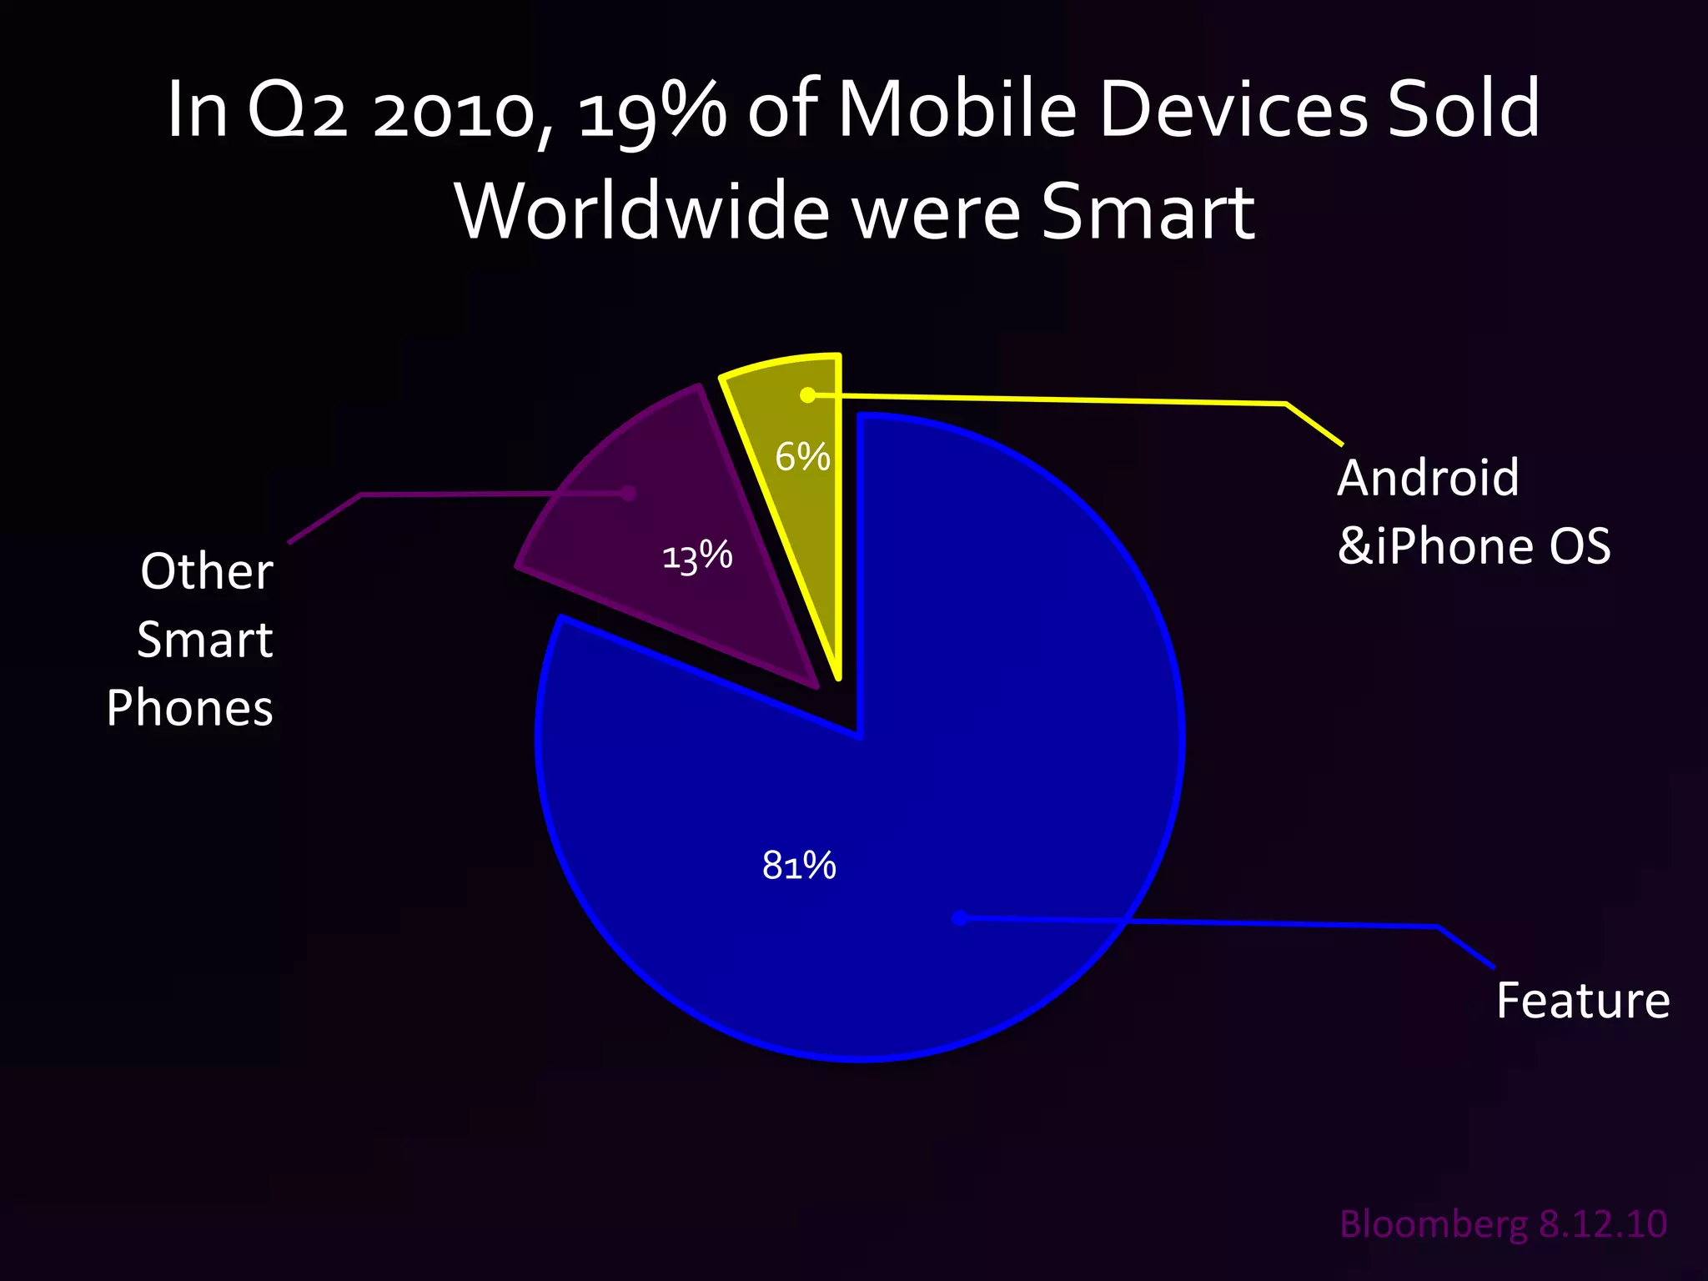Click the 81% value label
point(799,866)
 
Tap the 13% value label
point(697,556)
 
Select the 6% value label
point(802,457)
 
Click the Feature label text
point(1582,1001)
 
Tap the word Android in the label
point(1428,479)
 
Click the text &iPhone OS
point(1474,547)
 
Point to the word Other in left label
point(207,572)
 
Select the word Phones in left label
point(190,709)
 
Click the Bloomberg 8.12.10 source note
point(1503,1224)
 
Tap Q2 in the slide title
point(296,110)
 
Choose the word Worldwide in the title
point(642,212)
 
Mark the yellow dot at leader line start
point(807,395)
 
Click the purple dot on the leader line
point(629,494)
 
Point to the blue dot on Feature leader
point(960,918)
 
